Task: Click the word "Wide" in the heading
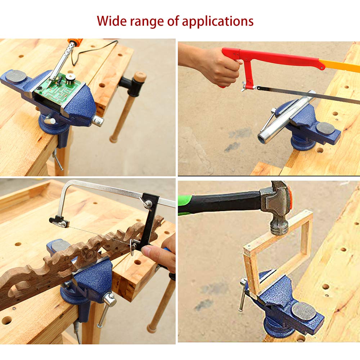click(111, 21)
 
